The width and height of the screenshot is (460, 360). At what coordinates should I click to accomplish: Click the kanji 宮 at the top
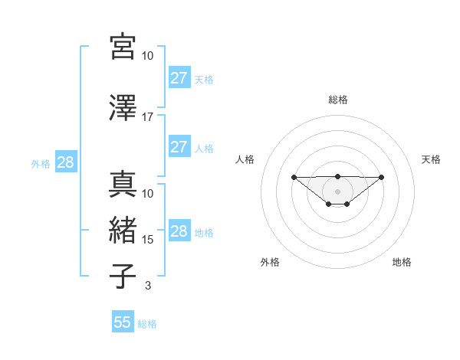tap(123, 47)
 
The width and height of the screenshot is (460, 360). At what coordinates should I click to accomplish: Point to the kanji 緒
tap(123, 230)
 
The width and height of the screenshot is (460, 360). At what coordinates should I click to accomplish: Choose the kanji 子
tap(123, 276)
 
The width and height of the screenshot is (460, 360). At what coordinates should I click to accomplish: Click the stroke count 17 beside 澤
tap(147, 117)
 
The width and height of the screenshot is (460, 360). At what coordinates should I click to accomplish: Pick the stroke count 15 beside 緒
tap(148, 240)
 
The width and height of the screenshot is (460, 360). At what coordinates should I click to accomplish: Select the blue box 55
tap(123, 322)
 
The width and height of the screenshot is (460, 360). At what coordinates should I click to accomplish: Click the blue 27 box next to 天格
tap(179, 78)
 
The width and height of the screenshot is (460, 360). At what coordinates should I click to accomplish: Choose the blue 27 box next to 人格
tap(179, 147)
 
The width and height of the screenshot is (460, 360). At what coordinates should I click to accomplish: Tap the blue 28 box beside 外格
tap(65, 162)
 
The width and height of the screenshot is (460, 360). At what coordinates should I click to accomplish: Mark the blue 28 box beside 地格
tap(179, 231)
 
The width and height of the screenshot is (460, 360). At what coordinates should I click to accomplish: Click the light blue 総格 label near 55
tap(148, 324)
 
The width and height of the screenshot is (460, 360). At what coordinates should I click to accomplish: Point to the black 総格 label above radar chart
tap(338, 100)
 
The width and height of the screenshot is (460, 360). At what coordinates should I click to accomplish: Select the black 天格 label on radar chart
tap(432, 159)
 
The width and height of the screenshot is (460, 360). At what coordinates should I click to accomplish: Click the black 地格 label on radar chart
tap(402, 262)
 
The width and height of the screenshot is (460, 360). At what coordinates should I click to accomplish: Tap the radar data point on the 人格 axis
tap(294, 177)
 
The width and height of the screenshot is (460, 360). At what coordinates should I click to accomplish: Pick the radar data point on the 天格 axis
tap(382, 177)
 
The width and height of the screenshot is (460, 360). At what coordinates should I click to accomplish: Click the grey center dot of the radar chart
tap(338, 191)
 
